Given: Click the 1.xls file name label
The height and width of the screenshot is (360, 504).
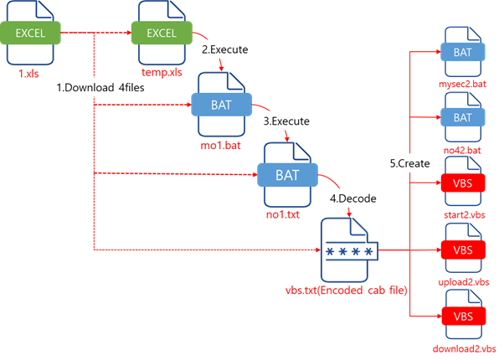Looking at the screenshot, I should (x=33, y=74).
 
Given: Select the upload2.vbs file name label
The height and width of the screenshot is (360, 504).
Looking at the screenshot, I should (x=462, y=282).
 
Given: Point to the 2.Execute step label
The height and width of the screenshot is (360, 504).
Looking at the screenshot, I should (x=225, y=50).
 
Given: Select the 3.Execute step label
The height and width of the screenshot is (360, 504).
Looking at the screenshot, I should (x=287, y=121).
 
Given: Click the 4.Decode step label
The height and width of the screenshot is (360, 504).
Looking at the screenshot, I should (x=353, y=198).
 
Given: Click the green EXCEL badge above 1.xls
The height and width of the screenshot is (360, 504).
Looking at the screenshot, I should (x=33, y=34).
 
